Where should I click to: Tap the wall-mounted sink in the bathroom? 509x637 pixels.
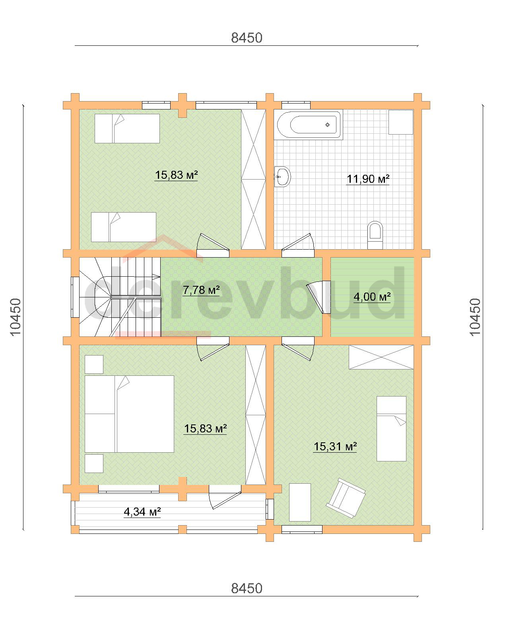tap(282, 177)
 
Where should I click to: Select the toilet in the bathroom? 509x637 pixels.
tap(375, 235)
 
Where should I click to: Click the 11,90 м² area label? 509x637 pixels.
tap(367, 179)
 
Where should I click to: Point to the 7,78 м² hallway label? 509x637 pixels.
tap(201, 290)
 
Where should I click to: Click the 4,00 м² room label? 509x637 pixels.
tap(372, 297)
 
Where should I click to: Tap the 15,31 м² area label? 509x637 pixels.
tap(335, 446)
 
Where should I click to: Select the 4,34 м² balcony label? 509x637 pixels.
tap(142, 512)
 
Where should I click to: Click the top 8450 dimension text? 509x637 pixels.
tap(247, 38)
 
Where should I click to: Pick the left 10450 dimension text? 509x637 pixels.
tap(16, 317)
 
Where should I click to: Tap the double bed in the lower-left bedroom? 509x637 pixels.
tap(129, 414)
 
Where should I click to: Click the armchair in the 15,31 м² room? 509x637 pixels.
tap(346, 498)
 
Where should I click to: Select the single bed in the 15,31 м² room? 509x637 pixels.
tap(391, 429)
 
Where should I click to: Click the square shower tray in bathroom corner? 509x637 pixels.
tap(401, 122)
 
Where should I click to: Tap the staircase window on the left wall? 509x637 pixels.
tap(75, 297)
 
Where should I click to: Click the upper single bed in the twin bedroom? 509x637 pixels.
tap(127, 129)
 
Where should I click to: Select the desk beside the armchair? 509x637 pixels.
tap(300, 502)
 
